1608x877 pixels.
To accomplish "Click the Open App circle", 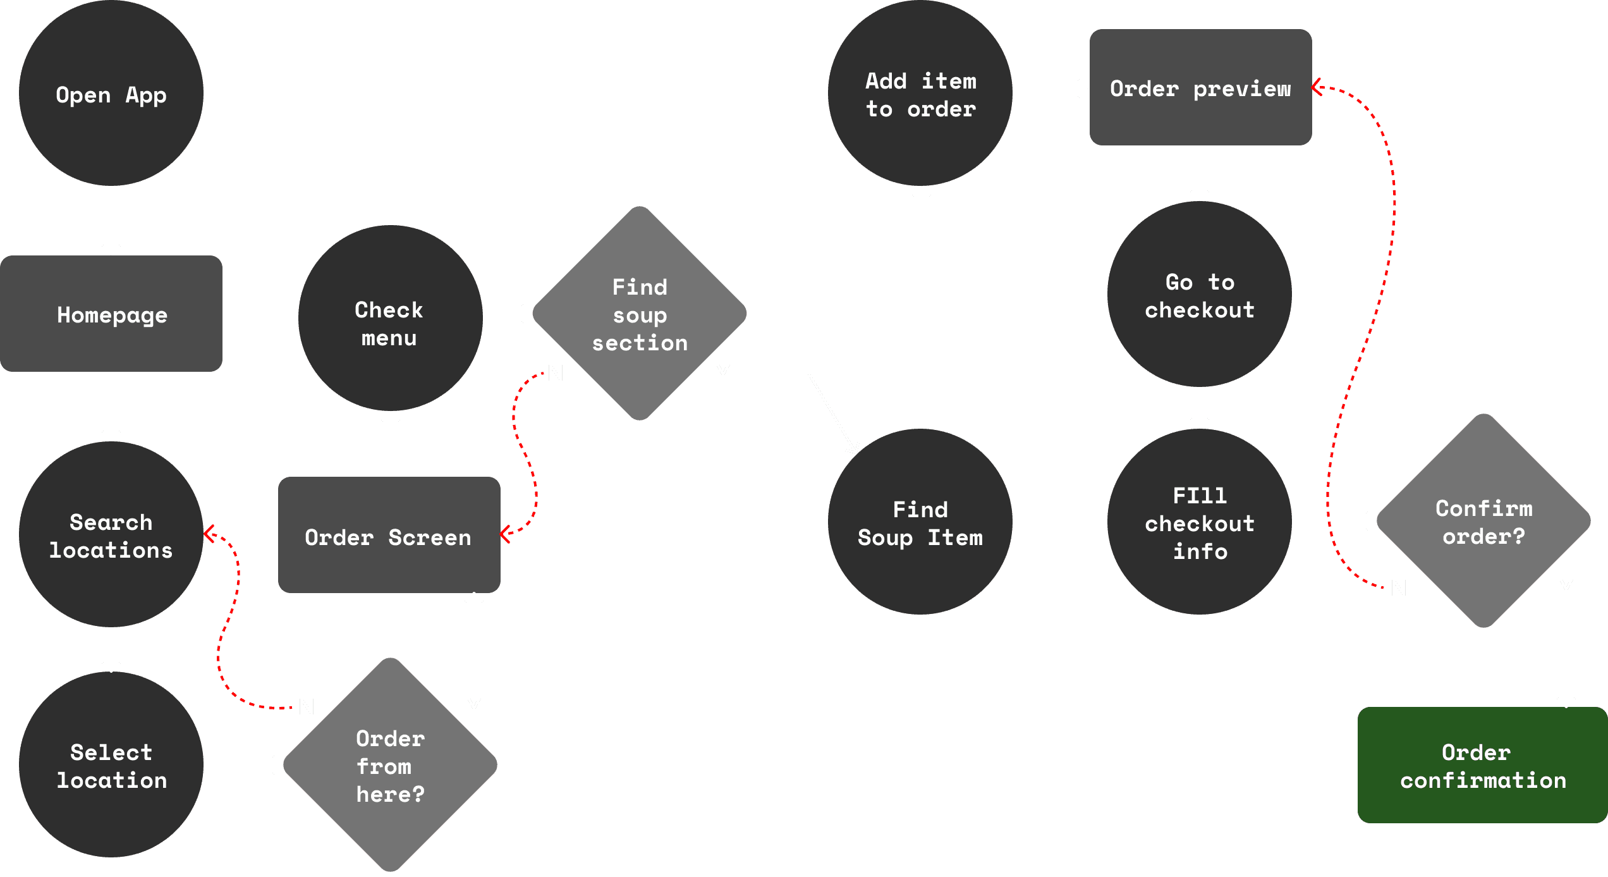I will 111,94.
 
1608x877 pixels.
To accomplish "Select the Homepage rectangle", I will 111,314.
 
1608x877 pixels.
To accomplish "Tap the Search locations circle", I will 111,535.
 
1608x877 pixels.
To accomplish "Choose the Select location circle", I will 111,765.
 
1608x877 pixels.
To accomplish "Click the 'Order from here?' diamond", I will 391,765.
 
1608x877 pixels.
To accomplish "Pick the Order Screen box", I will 389,536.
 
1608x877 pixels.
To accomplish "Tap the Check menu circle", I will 390,318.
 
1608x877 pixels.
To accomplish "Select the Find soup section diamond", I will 640,314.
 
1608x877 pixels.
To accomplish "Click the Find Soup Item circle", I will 920,522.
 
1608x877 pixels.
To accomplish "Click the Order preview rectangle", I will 1200,87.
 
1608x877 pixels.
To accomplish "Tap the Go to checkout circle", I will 1199,295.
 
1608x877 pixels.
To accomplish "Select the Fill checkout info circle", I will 1199,522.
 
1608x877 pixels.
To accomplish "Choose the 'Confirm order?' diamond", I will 1483,521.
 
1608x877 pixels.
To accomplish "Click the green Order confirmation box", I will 1483,765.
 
